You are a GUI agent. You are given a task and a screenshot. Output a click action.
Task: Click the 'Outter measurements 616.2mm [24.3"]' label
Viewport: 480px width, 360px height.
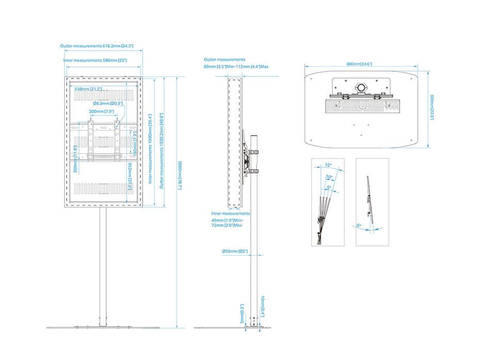click(97, 46)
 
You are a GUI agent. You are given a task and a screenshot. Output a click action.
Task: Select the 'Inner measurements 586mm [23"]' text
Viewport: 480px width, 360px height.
click(95, 60)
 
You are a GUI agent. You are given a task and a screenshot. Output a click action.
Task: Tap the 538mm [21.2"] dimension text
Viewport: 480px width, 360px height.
click(88, 89)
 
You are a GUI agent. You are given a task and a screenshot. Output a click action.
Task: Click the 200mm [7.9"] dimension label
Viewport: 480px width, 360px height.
click(101, 111)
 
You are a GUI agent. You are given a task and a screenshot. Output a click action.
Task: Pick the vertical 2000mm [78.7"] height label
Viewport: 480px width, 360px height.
click(180, 174)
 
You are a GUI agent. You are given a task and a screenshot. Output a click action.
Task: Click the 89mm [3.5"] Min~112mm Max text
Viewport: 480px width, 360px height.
click(236, 67)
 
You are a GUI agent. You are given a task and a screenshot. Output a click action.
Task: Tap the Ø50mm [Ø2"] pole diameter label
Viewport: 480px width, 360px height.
click(235, 251)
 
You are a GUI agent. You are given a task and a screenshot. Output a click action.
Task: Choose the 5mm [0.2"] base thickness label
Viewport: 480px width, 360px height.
click(242, 313)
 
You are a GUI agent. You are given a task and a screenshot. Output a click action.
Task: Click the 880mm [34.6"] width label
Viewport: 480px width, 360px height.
click(359, 64)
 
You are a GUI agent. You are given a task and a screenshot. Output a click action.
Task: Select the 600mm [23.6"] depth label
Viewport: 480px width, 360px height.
click(432, 107)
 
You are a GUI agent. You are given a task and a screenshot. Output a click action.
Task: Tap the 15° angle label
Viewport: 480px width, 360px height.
click(328, 166)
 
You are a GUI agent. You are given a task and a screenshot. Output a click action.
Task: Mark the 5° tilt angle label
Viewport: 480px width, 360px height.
click(329, 188)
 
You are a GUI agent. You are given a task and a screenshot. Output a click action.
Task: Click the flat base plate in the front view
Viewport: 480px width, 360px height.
click(103, 328)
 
